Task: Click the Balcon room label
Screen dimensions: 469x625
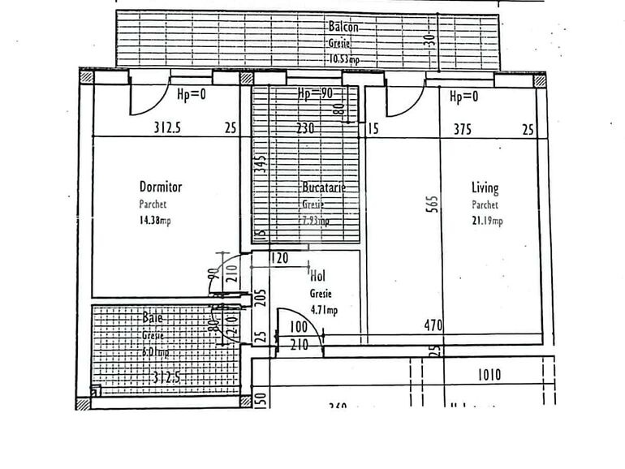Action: click(343, 27)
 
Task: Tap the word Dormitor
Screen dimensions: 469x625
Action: click(161, 187)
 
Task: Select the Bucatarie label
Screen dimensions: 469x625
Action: click(324, 187)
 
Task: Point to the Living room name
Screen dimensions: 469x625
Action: click(485, 187)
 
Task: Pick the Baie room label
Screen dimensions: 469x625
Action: click(153, 318)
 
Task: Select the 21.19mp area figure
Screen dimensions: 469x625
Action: click(487, 221)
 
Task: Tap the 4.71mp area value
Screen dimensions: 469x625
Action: click(324, 309)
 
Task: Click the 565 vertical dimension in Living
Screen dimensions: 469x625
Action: click(432, 204)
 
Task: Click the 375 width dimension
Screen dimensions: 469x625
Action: click(463, 127)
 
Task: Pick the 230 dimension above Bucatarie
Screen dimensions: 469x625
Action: click(305, 127)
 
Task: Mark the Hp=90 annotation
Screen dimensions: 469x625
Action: click(316, 93)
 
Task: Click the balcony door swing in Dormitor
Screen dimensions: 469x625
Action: click(148, 100)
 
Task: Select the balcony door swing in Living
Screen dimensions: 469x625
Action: click(404, 100)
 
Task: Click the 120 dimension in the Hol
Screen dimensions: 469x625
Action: click(279, 259)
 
